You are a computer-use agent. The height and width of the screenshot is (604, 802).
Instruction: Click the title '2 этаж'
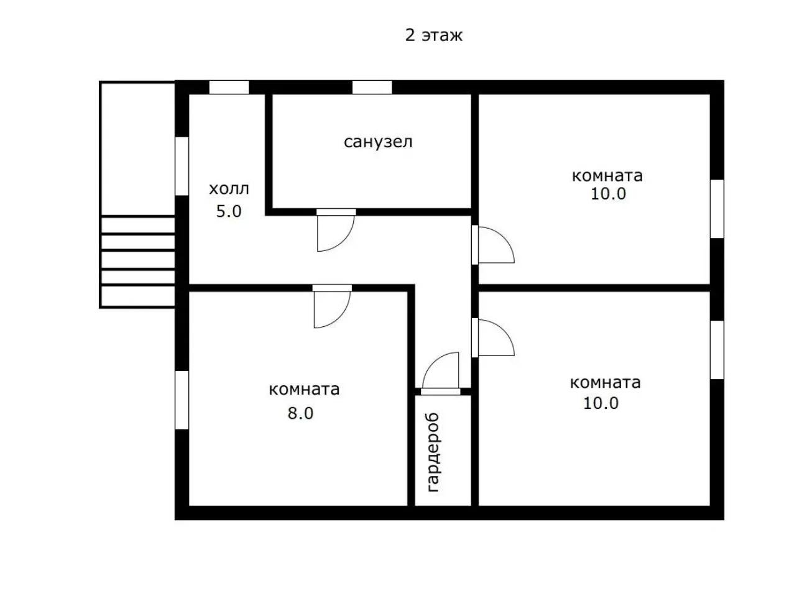(x=433, y=36)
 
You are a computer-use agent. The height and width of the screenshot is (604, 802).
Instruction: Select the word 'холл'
(x=229, y=189)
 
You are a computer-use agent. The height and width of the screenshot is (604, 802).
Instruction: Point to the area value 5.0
(x=229, y=211)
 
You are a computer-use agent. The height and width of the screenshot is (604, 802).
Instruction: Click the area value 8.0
(x=300, y=413)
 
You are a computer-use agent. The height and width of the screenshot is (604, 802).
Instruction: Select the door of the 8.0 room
(x=332, y=306)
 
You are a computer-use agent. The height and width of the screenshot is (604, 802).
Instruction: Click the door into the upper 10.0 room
(x=492, y=244)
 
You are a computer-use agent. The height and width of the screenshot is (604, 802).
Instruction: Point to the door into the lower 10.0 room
(x=492, y=337)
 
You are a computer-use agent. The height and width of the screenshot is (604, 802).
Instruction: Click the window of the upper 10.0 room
(x=716, y=209)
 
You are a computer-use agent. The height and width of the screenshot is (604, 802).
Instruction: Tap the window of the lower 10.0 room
(x=716, y=349)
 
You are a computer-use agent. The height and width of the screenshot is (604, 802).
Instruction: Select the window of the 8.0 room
(x=182, y=400)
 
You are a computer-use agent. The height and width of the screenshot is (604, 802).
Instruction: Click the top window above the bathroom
(x=372, y=87)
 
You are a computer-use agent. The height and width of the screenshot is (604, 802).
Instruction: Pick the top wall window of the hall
(x=229, y=87)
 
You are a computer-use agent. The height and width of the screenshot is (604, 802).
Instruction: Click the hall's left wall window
(x=182, y=166)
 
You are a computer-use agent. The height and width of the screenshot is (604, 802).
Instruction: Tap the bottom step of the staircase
(x=137, y=296)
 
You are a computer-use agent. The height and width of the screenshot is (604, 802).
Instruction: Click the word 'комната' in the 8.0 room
(x=304, y=390)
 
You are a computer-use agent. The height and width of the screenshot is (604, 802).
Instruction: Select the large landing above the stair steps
(x=137, y=149)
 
